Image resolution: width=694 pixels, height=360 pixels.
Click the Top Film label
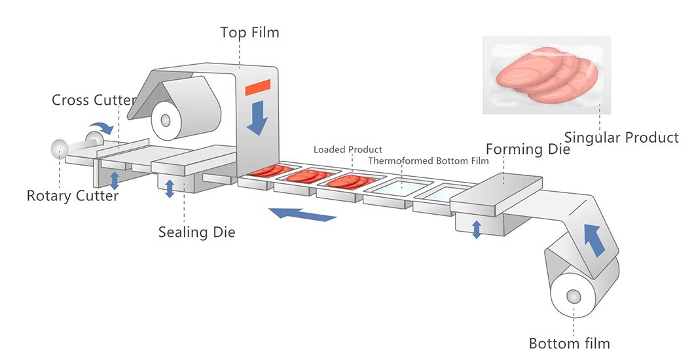coord(249,32)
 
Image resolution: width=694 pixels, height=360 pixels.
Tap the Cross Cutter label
coord(94,100)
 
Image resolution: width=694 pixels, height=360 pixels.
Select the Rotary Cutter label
coord(73,196)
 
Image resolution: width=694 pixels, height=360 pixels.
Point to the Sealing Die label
coord(196,232)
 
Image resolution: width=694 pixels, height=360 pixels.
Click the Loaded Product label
coord(348,150)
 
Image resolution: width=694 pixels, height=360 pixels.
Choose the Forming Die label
coord(528,149)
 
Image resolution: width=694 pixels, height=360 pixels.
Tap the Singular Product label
coord(621,137)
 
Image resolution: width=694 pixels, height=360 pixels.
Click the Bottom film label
coord(569,343)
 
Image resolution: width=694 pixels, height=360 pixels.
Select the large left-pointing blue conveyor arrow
coord(302,213)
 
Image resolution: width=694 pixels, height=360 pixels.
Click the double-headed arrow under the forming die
coord(477,229)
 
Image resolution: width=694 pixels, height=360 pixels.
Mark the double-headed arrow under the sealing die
coord(170,188)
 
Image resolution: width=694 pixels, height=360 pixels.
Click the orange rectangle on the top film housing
coord(257,87)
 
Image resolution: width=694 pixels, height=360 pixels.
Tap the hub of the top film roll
coord(164,120)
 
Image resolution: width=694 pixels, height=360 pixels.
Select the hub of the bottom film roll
coord(574,296)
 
